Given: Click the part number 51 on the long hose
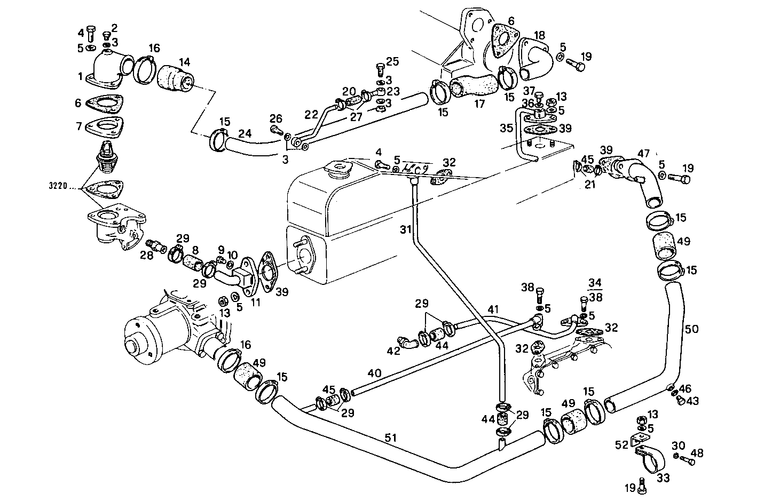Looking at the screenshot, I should click(392, 437).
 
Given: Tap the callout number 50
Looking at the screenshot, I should click(691, 329).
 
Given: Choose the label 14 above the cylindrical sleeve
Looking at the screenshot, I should click(184, 61).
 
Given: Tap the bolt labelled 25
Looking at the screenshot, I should click(380, 68).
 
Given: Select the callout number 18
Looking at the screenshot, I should click(539, 36).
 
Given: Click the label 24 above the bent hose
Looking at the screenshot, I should click(245, 133).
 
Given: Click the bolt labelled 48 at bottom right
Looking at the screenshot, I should click(689, 461).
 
